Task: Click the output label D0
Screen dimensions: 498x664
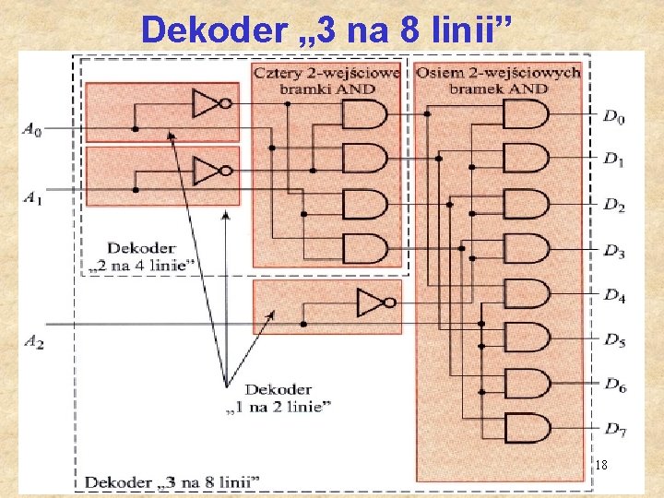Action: tap(614, 117)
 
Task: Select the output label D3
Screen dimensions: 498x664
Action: tap(614, 252)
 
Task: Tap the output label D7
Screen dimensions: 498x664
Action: tap(614, 430)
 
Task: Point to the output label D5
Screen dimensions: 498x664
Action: tap(614, 341)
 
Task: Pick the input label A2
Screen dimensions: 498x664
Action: tap(33, 342)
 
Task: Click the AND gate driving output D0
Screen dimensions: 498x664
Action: tap(526, 114)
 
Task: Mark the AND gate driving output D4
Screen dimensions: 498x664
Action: tap(526, 294)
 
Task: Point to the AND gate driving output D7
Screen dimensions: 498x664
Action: tap(526, 428)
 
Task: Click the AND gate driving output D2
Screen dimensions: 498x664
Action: tap(526, 204)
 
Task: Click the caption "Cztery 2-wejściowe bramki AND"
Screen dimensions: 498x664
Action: tap(326, 79)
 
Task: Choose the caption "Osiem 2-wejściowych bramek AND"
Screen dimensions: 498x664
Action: tap(498, 79)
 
